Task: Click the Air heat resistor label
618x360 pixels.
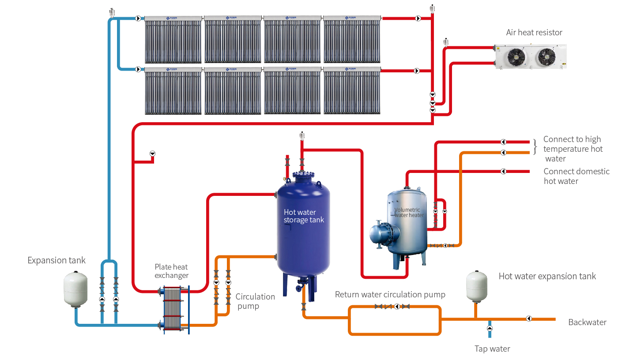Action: click(534, 32)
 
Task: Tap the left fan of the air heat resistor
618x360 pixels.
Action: click(515, 56)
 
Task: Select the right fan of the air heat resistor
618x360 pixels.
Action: click(546, 56)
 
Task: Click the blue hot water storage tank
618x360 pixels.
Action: click(303, 229)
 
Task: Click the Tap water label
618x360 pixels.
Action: click(492, 349)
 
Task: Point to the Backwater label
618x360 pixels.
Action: click(587, 322)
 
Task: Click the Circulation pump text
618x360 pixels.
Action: click(255, 301)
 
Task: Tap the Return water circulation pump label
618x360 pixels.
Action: click(390, 294)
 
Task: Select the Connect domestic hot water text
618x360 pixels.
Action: click(576, 176)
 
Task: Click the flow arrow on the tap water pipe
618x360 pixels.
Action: click(490, 328)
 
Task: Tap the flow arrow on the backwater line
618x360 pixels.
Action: click(529, 319)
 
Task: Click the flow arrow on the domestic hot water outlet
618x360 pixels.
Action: click(503, 171)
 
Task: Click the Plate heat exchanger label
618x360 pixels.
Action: click(171, 271)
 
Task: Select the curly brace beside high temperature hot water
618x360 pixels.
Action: click(535, 147)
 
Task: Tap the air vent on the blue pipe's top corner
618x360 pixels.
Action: click(111, 11)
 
